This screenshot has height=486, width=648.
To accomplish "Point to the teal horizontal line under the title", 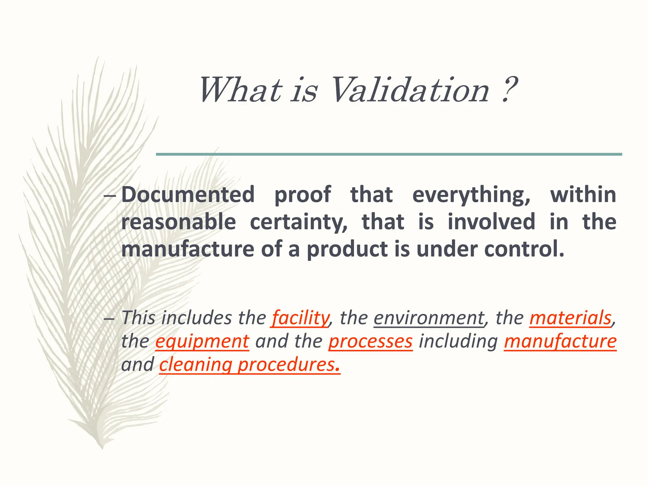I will pyautogui.click(x=389, y=154).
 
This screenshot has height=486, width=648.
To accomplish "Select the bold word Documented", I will pyautogui.click(x=188, y=194).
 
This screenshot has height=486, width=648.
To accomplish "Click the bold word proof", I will pyautogui.click(x=302, y=195).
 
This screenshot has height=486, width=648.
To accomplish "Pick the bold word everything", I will pyautogui.click(x=471, y=195).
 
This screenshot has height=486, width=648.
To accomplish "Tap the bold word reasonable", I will pyautogui.click(x=179, y=222).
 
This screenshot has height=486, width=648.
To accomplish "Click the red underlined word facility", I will pyautogui.click(x=300, y=318).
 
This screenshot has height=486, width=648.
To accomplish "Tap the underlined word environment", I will pyautogui.click(x=429, y=318).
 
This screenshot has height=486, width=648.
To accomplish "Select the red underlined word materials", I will pyautogui.click(x=570, y=318).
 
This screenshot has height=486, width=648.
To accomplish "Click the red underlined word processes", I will pyautogui.click(x=371, y=341).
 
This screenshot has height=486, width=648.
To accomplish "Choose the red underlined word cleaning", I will pyautogui.click(x=196, y=365).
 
